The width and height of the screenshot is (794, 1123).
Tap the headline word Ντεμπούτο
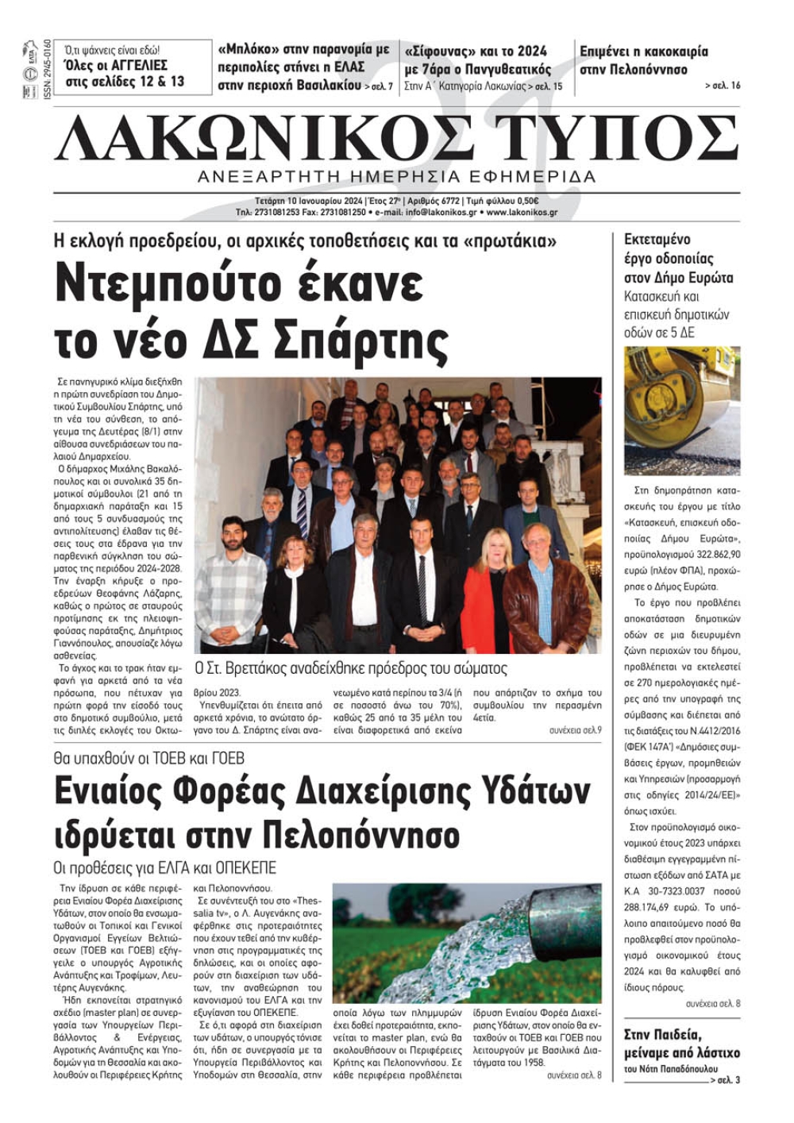tap(173, 284)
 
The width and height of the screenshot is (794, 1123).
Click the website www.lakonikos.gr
tap(522, 213)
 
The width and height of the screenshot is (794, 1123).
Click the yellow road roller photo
tap(681, 410)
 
